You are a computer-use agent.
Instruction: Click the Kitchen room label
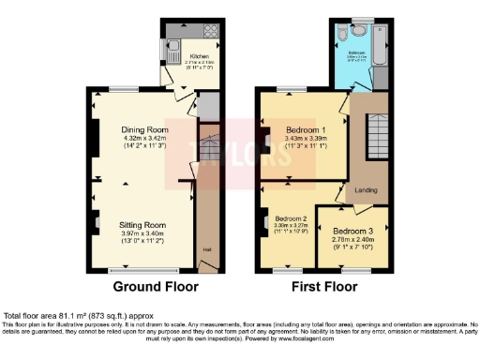point(200,55)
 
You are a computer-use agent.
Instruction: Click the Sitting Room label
point(142,225)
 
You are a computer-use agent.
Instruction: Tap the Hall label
point(207,249)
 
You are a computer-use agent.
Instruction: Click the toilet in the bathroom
point(347,33)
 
